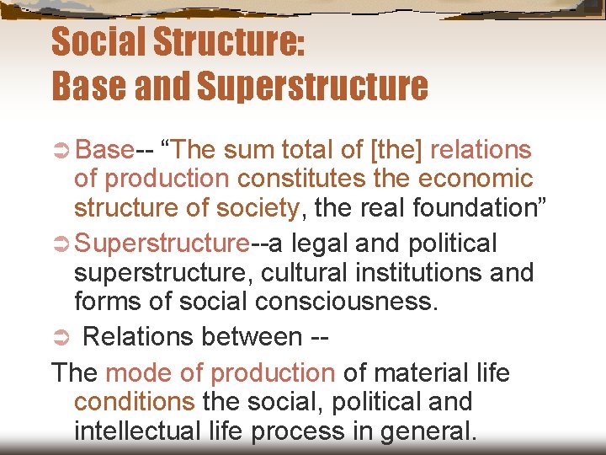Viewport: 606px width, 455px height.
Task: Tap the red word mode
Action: coord(136,372)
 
